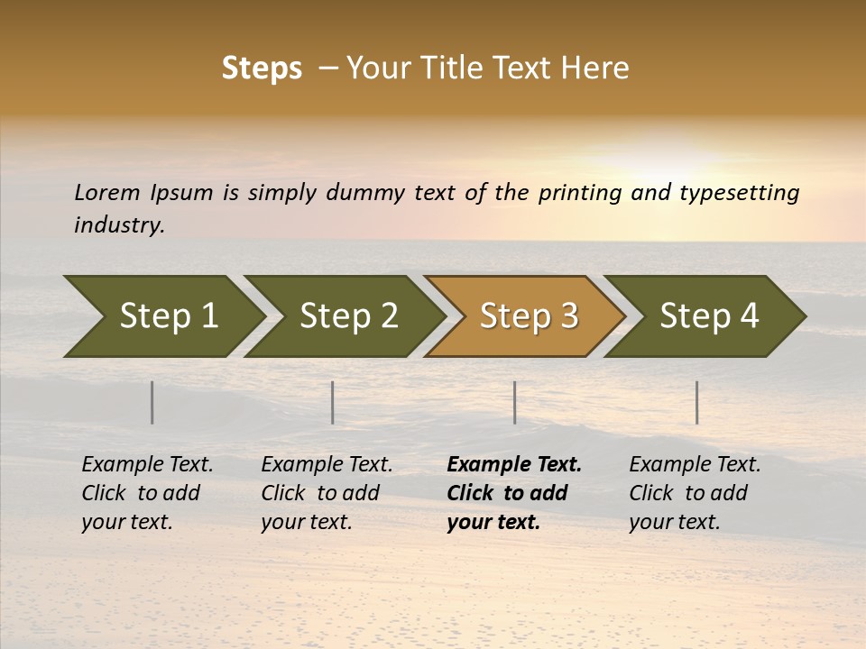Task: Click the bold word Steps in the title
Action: (262, 69)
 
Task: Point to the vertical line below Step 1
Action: (152, 402)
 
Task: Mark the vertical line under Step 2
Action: (333, 402)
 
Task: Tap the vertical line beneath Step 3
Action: (515, 402)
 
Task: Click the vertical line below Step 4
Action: (697, 402)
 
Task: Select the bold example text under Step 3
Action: (513, 493)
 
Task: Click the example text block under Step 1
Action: (147, 493)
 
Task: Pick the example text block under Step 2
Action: (327, 493)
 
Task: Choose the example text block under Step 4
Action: (695, 493)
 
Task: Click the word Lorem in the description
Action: (107, 193)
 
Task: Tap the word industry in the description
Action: (119, 225)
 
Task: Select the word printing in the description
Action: (581, 193)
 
